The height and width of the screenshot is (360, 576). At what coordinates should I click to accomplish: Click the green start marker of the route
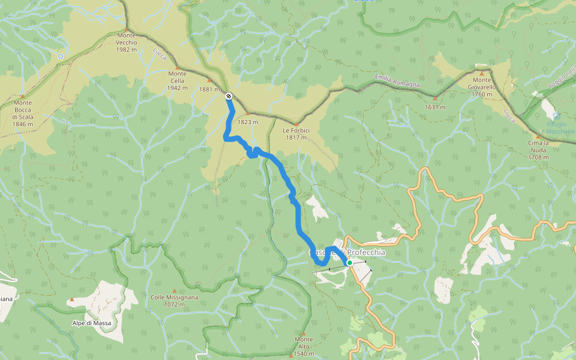point(349,262)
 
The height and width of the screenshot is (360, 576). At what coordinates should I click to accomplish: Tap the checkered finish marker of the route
point(229,96)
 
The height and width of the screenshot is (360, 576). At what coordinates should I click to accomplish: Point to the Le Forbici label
point(296,133)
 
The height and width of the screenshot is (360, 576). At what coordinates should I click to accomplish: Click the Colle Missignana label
point(175,300)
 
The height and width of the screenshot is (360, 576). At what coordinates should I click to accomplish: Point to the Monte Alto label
point(304,347)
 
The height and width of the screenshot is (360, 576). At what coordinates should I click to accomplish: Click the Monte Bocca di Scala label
point(23,113)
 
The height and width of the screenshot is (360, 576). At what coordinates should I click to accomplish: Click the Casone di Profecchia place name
point(347,253)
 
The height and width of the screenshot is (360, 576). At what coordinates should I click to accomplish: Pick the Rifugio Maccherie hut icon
point(556,116)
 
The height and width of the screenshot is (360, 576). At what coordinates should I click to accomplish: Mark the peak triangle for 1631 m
point(435,98)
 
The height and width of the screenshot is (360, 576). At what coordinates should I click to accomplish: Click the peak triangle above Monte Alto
point(304,334)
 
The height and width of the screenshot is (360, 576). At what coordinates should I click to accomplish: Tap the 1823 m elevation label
point(248,122)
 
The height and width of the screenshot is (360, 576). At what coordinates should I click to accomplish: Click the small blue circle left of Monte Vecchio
point(60,56)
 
